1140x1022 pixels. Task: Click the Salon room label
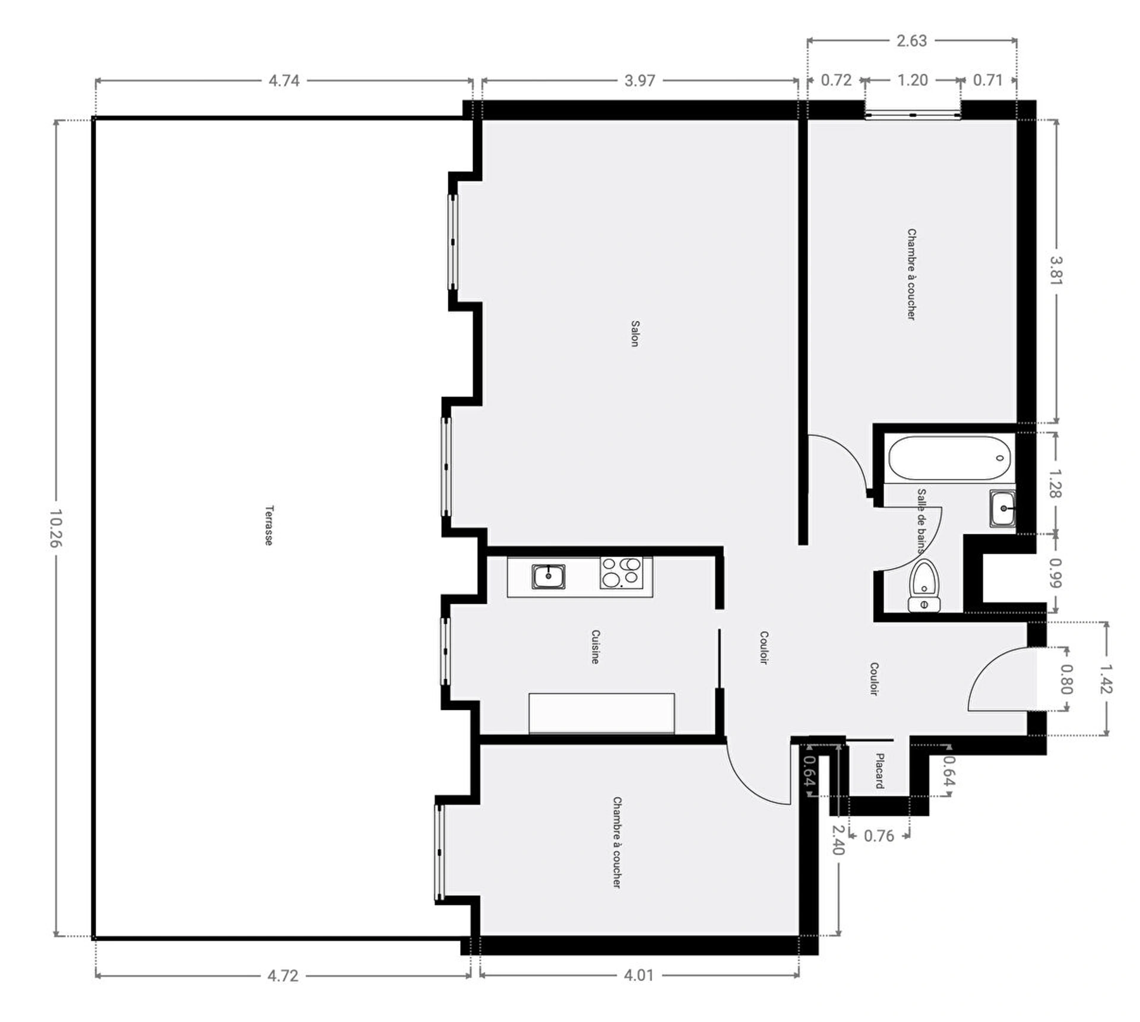pyautogui.click(x=635, y=334)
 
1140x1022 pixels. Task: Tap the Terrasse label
pyautogui.click(x=269, y=525)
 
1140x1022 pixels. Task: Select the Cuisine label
pyautogui.click(x=595, y=647)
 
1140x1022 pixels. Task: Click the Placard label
pyautogui.click(x=879, y=771)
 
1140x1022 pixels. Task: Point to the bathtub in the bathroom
pyautogui.click(x=948, y=458)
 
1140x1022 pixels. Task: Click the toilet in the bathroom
pyautogui.click(x=924, y=586)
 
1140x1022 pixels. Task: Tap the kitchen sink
pyautogui.click(x=548, y=576)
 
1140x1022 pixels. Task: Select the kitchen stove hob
pyautogui.click(x=621, y=573)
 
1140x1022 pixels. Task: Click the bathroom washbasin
pyautogui.click(x=1002, y=508)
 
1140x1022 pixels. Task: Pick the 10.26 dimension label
pyautogui.click(x=55, y=528)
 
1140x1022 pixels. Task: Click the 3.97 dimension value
pyautogui.click(x=639, y=80)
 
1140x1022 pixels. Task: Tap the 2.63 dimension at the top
pyautogui.click(x=911, y=40)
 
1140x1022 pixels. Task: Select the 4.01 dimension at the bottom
pyautogui.click(x=638, y=975)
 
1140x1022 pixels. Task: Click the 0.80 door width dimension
pyautogui.click(x=1066, y=679)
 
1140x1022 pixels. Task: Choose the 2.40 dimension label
pyautogui.click(x=838, y=840)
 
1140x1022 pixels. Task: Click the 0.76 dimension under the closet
pyautogui.click(x=879, y=836)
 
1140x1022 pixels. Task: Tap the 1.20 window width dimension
pyautogui.click(x=912, y=80)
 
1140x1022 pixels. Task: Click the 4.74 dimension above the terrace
pyautogui.click(x=284, y=80)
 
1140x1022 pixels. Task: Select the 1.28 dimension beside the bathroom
pyautogui.click(x=1056, y=484)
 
